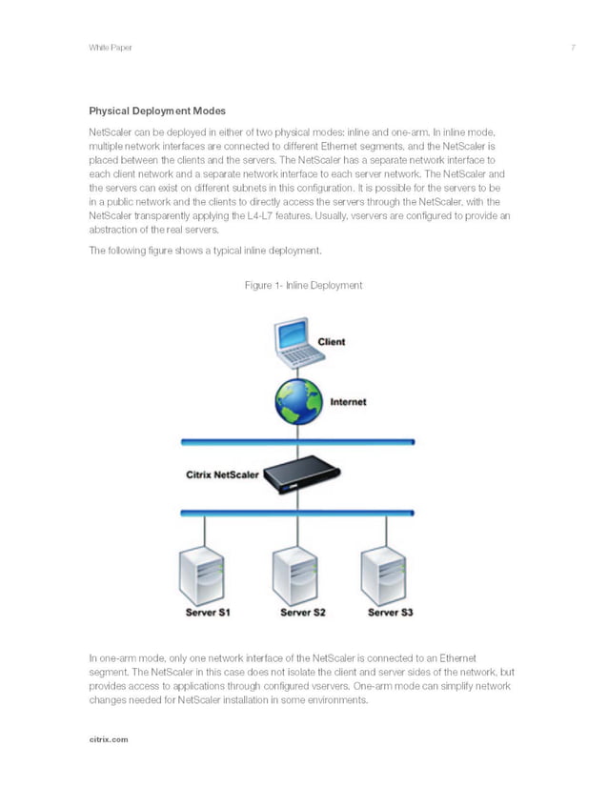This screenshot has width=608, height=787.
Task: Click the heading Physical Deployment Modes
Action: (157, 111)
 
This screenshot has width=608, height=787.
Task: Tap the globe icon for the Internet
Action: (298, 402)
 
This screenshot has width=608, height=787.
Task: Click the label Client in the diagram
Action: (332, 342)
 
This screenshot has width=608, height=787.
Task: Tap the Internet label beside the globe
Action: (348, 402)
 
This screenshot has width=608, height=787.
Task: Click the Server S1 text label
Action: (208, 613)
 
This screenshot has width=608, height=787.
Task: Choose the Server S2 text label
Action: (302, 613)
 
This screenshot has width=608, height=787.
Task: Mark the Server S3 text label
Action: (390, 613)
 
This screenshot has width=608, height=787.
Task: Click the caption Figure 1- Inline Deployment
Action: (303, 285)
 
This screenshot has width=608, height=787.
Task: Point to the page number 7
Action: (573, 48)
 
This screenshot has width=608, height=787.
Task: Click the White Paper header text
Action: (110, 48)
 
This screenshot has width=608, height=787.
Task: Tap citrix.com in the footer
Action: (108, 738)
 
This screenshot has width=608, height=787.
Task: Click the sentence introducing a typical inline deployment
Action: (205, 252)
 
